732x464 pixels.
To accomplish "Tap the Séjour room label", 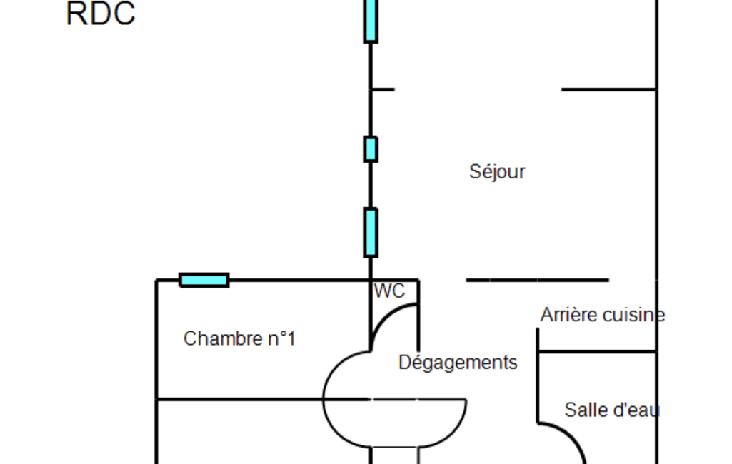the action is pyautogui.click(x=497, y=172).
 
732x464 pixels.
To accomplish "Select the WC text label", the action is pyautogui.click(x=389, y=291).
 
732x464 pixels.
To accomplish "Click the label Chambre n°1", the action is pyautogui.click(x=239, y=338).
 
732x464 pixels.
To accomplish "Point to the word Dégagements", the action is pyautogui.click(x=458, y=363).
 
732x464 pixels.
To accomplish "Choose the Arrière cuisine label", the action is pyautogui.click(x=603, y=315).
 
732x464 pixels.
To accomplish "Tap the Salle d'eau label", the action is pyautogui.click(x=612, y=410).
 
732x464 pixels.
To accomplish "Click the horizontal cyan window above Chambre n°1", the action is pyautogui.click(x=204, y=280).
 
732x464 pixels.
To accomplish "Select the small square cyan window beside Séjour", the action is pyautogui.click(x=371, y=149).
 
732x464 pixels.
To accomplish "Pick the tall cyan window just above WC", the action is pyautogui.click(x=371, y=233).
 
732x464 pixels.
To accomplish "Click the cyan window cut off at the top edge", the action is pyautogui.click(x=371, y=21).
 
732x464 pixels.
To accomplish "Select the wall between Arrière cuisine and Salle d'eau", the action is pyautogui.click(x=597, y=351).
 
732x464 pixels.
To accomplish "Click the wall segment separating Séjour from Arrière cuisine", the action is pyautogui.click(x=537, y=280).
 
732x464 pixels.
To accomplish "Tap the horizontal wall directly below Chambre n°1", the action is pyautogui.click(x=263, y=400).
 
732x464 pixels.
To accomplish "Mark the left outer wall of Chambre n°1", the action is pyautogui.click(x=156, y=372).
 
